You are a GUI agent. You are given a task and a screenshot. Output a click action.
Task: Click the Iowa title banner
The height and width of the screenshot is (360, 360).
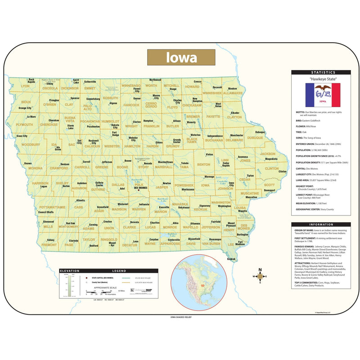tap(181, 58)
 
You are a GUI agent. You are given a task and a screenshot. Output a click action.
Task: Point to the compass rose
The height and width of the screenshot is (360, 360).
tap(259, 276)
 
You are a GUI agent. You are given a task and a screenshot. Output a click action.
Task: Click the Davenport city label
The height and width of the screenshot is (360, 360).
tap(269, 190)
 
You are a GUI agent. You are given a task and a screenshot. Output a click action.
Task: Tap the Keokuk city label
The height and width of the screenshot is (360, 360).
tap(231, 259)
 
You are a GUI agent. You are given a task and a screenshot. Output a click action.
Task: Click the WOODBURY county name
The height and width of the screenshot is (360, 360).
tap(31, 144)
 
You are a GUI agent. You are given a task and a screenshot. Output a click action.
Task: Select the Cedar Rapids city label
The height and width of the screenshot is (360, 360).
tap(225, 165)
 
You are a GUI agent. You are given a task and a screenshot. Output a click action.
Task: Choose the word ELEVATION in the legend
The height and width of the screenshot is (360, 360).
tap(70, 271)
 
